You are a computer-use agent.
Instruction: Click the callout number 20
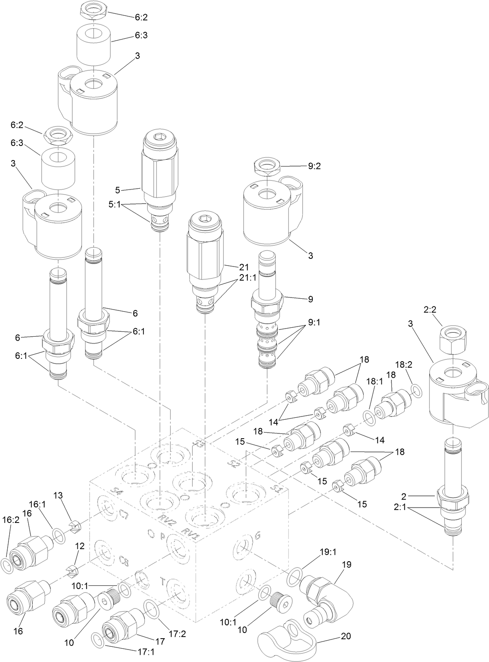(345, 636)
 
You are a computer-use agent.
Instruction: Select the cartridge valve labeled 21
(204, 258)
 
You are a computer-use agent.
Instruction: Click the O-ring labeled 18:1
(369, 417)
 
